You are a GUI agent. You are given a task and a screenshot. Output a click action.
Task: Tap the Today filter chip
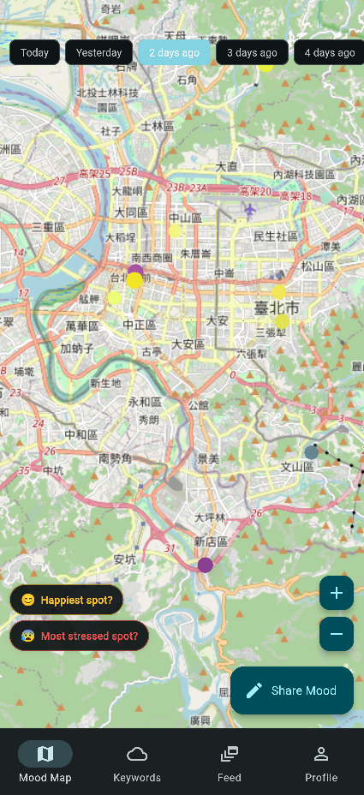(x=34, y=52)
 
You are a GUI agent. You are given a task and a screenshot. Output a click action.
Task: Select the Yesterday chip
(x=98, y=52)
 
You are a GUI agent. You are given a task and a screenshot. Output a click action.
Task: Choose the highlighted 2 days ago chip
(x=174, y=52)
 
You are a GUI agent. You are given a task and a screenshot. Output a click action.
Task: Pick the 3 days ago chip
(x=252, y=52)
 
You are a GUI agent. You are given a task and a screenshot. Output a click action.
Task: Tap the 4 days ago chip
(x=330, y=52)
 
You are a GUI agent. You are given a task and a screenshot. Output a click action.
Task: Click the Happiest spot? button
(x=67, y=600)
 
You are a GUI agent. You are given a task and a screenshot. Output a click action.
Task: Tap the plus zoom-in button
(x=337, y=593)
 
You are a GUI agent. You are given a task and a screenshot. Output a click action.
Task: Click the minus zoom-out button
(x=337, y=634)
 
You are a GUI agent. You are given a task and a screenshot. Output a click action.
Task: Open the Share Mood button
(x=292, y=690)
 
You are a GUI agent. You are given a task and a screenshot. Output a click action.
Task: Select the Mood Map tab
(x=45, y=762)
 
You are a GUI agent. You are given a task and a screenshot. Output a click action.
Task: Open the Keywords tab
(x=137, y=762)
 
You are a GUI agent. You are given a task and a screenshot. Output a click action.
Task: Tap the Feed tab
(x=229, y=762)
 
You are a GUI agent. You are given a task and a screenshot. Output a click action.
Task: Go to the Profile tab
(x=321, y=762)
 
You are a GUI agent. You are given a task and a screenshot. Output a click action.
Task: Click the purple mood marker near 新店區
(x=206, y=565)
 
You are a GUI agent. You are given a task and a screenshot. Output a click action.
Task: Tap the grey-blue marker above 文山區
(x=312, y=451)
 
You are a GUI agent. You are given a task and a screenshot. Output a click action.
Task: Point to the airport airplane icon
(x=250, y=208)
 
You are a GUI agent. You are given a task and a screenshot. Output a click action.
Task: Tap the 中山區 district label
(x=184, y=218)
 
